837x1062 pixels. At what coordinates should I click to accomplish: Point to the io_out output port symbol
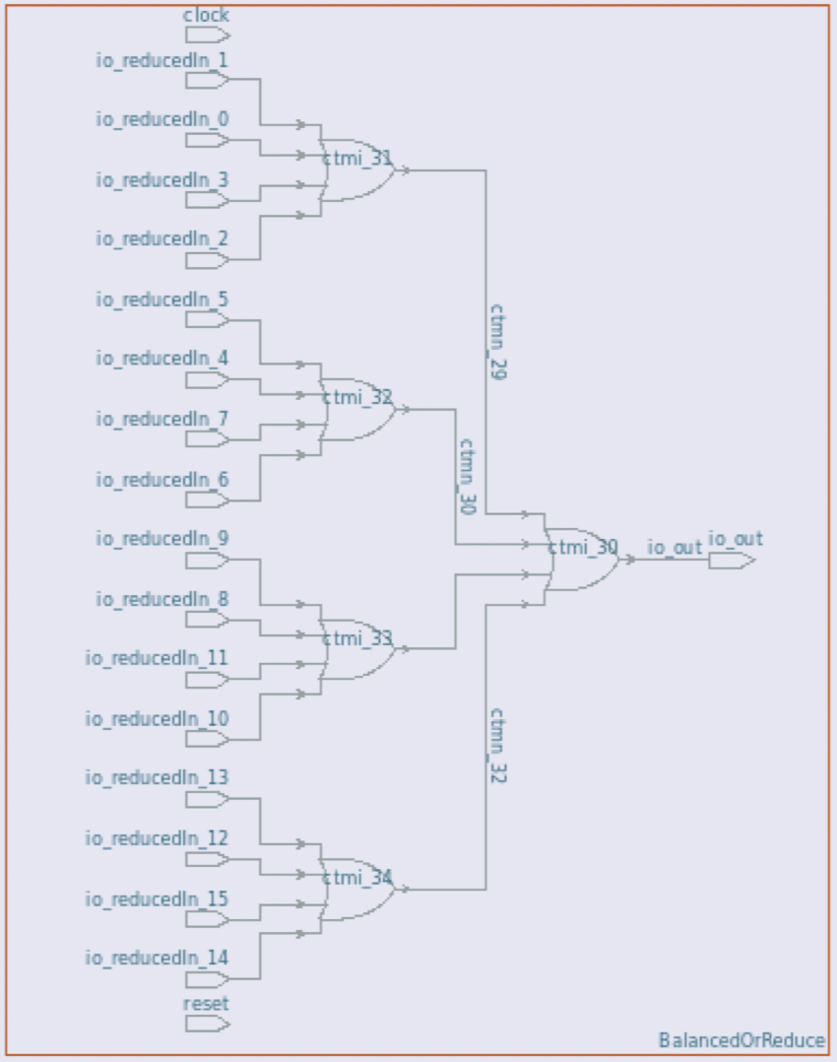732,561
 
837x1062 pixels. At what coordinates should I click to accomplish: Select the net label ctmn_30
467,477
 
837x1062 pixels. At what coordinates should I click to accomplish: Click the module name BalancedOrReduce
741,1040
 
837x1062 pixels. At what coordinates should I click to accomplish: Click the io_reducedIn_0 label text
162,119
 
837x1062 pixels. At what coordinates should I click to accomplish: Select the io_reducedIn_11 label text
158,658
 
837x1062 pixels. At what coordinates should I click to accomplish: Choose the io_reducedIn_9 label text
162,539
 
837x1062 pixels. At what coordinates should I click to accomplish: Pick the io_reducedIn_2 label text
162,238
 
